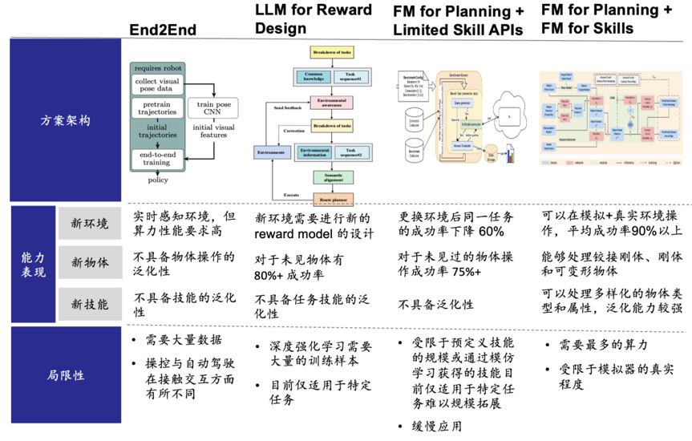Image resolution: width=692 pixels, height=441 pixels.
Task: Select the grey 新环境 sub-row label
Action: (89, 224)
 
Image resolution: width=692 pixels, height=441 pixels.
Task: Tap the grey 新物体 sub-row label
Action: (89, 261)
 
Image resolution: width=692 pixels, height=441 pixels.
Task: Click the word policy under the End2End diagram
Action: (158, 180)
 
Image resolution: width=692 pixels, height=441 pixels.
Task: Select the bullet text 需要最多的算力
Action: (601, 345)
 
